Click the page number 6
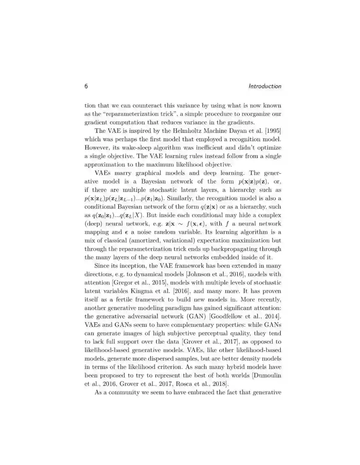tap(86, 86)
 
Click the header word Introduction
tap(265, 86)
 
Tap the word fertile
tap(119, 300)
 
